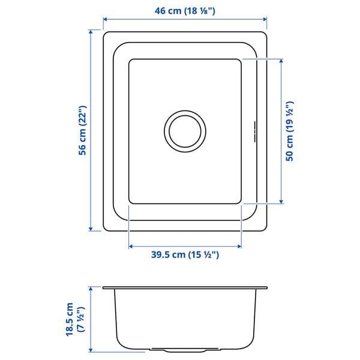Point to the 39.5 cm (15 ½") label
pos(185,255)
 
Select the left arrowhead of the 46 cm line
pos(106,19)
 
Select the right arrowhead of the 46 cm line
pos(265,19)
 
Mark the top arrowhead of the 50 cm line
pos(281,61)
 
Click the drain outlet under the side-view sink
pos(185,349)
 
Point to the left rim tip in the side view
pos(104,288)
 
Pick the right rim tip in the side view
pos(266,288)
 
